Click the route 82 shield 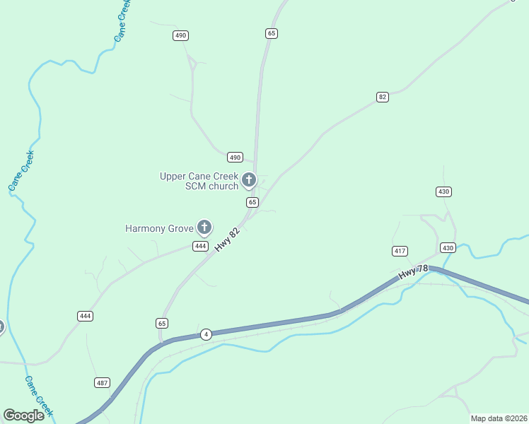coord(383,97)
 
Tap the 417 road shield coord(400,251)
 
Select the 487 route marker coord(103,382)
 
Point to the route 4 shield coord(206,334)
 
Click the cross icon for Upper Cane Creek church coord(248,180)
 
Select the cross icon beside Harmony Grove coord(204,228)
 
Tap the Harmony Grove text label coord(159,228)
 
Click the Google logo coord(23,415)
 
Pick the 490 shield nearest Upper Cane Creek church coord(235,157)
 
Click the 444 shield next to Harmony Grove coord(201,246)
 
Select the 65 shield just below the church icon coord(252,202)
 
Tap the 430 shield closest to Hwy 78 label coord(448,247)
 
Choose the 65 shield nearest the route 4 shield coord(162,323)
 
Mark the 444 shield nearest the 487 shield coord(86,316)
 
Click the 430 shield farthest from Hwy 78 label coord(444,192)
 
